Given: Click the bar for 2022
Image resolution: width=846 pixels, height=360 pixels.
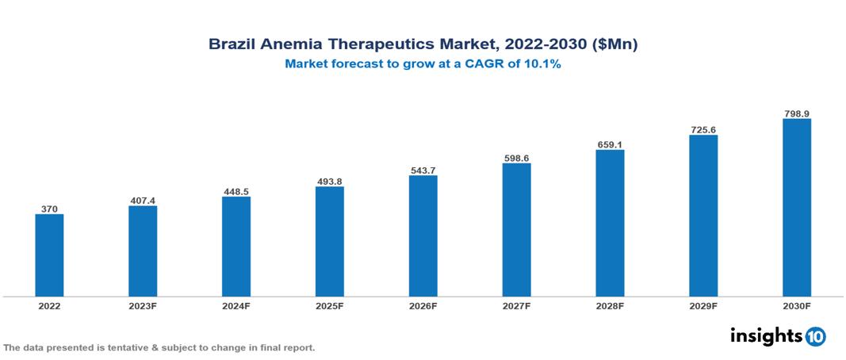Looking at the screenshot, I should (x=49, y=255).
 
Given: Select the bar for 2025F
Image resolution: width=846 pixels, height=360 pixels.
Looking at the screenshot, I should (x=329, y=242).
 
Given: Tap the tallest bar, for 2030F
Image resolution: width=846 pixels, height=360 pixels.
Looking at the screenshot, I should (x=796, y=208).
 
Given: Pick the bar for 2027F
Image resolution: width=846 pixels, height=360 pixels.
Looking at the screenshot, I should (x=516, y=230).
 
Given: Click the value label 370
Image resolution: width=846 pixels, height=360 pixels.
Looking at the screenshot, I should (x=49, y=209).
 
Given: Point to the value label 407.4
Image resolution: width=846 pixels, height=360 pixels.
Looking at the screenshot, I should (x=143, y=201).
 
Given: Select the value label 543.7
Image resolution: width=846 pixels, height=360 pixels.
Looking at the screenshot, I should (x=423, y=170).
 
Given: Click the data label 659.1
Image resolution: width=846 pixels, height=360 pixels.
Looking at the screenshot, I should (x=610, y=144).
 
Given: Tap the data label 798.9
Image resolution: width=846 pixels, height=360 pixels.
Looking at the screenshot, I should (x=796, y=113).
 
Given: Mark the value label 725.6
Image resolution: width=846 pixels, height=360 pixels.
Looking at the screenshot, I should (x=703, y=129).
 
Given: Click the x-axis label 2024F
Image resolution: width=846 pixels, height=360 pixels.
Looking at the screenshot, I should (x=236, y=306).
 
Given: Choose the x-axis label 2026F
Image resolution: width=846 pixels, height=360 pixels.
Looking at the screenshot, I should (x=423, y=306).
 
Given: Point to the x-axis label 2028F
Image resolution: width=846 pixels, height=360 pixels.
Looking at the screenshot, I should (x=610, y=306).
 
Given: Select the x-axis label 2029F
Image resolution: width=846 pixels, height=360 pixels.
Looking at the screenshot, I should (x=703, y=306).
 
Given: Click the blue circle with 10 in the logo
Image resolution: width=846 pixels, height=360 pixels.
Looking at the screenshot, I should (x=815, y=336).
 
